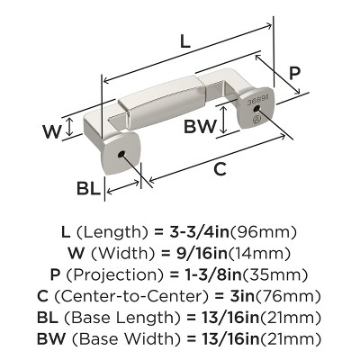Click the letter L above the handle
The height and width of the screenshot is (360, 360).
coord(184,40)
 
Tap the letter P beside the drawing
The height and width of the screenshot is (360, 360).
coord(294,76)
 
